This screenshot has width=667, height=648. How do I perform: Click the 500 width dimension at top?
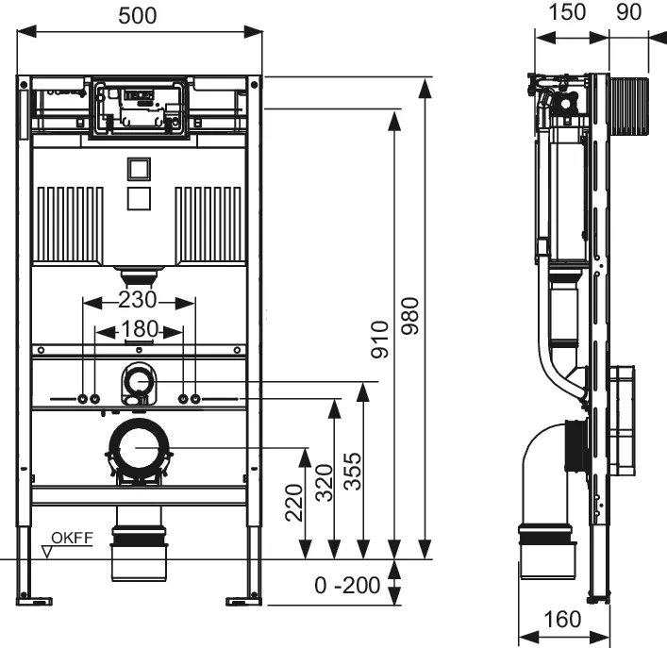(x=140, y=15)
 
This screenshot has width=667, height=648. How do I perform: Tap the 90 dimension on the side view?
(x=629, y=12)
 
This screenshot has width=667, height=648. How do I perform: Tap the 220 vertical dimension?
(x=292, y=503)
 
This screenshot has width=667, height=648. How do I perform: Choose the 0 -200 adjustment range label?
(x=346, y=586)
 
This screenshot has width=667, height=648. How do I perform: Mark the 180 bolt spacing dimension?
(x=140, y=330)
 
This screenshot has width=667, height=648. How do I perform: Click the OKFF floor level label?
(x=71, y=539)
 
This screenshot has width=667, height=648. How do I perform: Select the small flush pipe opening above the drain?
(x=140, y=380)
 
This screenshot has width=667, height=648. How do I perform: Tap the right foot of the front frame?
(x=244, y=597)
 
